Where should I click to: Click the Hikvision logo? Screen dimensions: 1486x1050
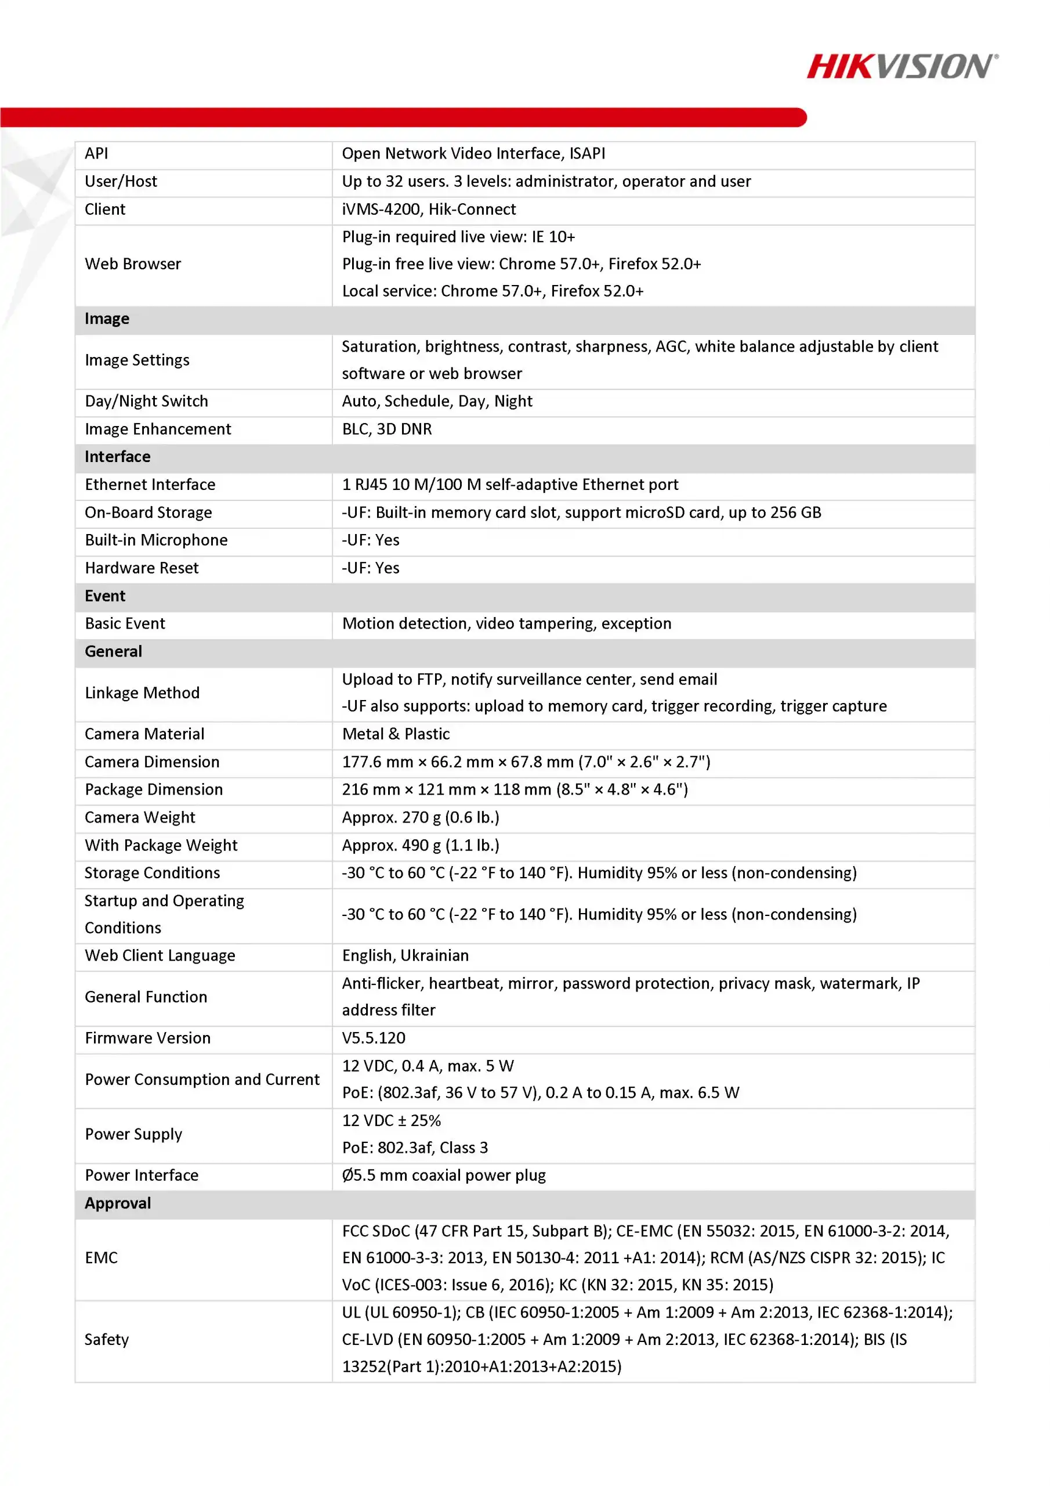click(902, 67)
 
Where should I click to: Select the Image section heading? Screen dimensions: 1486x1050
click(107, 319)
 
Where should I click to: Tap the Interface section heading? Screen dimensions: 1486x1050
click(117, 457)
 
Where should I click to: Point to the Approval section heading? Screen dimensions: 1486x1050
click(118, 1203)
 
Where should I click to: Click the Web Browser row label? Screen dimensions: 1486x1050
click(133, 264)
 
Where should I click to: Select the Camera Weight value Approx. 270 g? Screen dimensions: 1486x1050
click(421, 817)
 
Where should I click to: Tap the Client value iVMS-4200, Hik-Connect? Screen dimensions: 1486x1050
click(428, 210)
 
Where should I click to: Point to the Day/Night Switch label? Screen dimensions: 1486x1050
click(146, 401)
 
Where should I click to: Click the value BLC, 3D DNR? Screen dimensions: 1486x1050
click(386, 429)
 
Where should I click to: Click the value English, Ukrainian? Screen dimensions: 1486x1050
click(405, 955)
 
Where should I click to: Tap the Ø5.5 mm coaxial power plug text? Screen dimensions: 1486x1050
click(444, 1175)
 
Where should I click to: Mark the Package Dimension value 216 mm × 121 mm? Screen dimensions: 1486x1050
click(515, 789)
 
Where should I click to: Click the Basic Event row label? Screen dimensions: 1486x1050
click(125, 623)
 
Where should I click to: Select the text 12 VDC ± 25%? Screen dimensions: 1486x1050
click(392, 1120)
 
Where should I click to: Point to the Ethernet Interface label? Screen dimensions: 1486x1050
click(150, 485)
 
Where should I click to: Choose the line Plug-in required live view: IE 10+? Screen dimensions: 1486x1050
click(458, 237)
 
